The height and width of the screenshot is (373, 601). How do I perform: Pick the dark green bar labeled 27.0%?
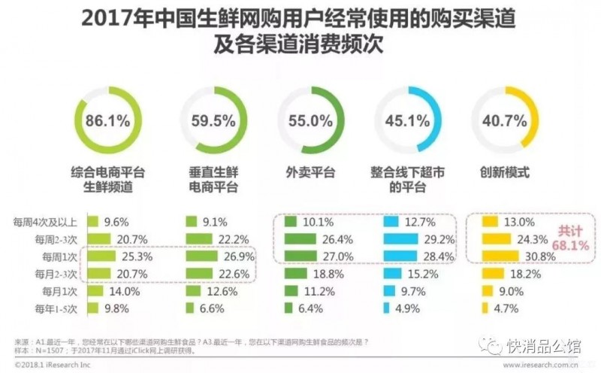304,256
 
